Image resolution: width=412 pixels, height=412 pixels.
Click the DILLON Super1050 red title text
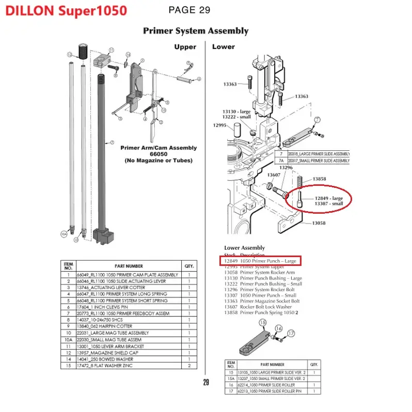coord(67,11)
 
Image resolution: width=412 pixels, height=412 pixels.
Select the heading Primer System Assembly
coord(196,31)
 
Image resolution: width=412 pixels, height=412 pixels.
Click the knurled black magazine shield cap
coord(82,51)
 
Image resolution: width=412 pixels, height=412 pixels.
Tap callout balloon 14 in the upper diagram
coord(128,55)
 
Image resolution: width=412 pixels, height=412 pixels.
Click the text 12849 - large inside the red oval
coord(329,198)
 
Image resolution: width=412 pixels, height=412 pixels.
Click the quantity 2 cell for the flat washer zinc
coord(189,366)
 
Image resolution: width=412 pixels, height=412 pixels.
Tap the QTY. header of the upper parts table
coord(189,266)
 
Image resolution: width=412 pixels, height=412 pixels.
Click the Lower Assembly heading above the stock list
coord(244,248)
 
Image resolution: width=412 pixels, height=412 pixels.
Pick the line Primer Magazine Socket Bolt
coord(270,301)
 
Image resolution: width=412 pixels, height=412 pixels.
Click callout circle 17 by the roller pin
coord(291,334)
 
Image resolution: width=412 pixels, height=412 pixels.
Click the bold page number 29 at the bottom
coord(206,383)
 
